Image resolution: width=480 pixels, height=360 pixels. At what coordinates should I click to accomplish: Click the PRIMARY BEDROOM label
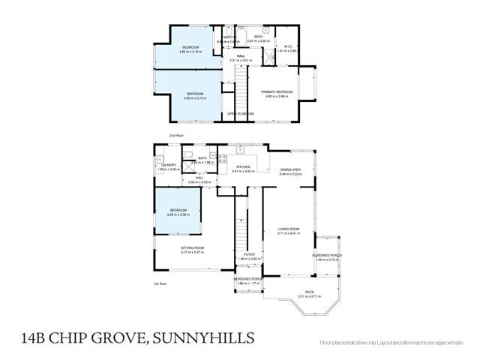pos(277,91)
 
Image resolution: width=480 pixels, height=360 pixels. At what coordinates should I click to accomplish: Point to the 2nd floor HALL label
pos(241,56)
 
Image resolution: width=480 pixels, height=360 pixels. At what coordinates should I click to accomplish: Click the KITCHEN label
pos(243,166)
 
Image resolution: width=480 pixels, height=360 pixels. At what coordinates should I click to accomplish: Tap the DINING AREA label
pos(291,169)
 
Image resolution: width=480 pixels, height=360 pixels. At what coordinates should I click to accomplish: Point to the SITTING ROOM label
pos(193,247)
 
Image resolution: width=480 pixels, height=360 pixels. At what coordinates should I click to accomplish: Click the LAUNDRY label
pos(167,165)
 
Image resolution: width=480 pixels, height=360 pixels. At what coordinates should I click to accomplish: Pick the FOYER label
pos(249,254)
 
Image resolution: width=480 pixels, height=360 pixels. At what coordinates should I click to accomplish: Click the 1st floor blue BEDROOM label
pos(178,210)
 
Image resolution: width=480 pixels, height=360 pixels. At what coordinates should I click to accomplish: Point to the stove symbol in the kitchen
pos(222,159)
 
